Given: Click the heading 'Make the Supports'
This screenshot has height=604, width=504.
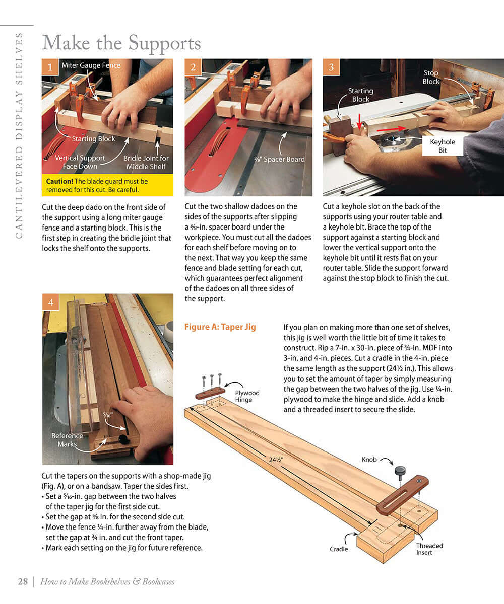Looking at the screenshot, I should click(x=121, y=43).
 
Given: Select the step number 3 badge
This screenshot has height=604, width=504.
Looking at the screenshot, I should click(x=331, y=67).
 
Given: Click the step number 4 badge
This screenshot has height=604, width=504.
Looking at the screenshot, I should click(x=50, y=303).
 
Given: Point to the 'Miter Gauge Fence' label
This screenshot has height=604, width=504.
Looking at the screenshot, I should click(x=91, y=66).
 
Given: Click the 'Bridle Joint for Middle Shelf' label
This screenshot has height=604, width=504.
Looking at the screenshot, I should click(x=146, y=162).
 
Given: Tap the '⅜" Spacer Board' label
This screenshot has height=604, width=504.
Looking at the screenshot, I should click(x=280, y=159).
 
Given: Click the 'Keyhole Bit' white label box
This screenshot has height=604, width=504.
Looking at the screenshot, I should click(x=442, y=146).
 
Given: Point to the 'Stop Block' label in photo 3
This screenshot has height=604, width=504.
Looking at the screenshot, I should click(x=431, y=77).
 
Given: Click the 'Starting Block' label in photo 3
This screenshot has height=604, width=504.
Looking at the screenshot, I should click(x=360, y=95).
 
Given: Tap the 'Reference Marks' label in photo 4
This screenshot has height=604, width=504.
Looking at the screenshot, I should click(x=67, y=440).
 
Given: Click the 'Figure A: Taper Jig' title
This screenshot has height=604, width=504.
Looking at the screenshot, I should click(x=220, y=327).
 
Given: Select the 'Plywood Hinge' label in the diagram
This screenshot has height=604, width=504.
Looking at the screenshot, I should click(x=247, y=396).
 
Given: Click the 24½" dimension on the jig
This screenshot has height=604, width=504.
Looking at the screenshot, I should click(x=276, y=459).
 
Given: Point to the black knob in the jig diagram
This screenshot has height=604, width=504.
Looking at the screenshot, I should click(x=400, y=472).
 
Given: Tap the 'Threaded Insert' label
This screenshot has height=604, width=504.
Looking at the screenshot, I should click(x=429, y=549).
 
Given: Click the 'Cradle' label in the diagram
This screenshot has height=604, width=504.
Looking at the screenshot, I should click(x=339, y=549).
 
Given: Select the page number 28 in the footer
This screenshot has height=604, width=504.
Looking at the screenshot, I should click(x=23, y=581).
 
